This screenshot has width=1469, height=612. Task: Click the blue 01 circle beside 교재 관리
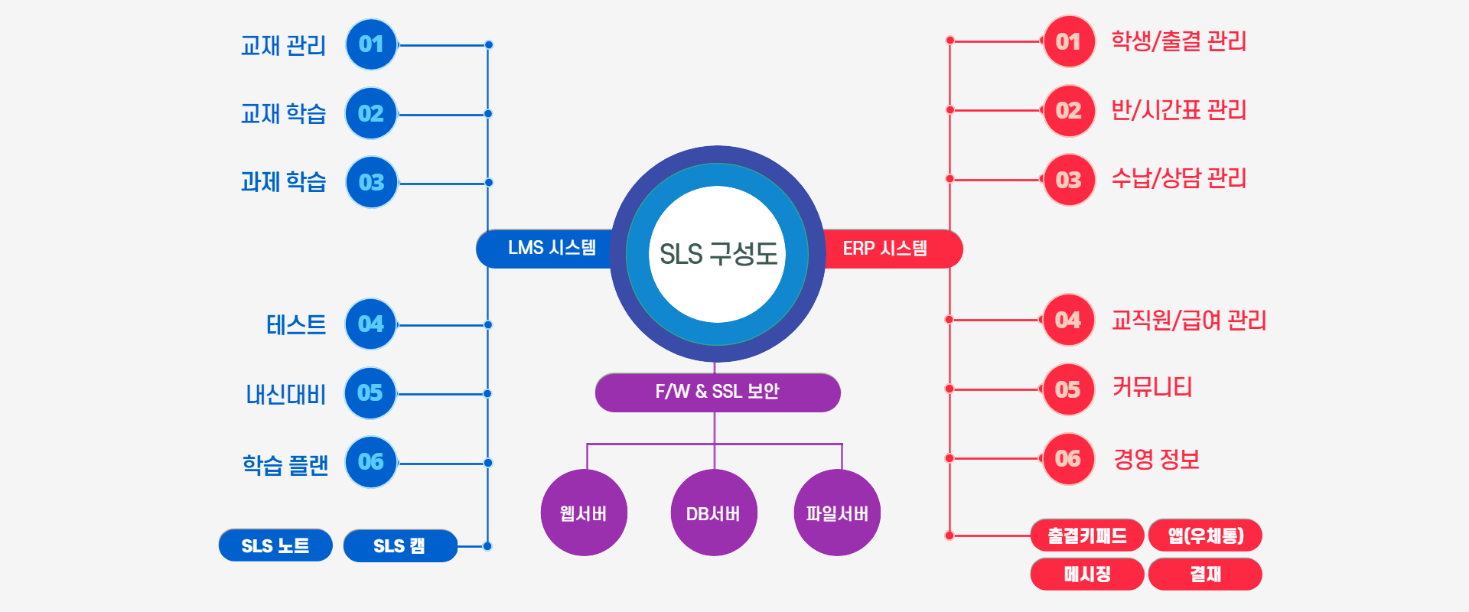tap(371, 44)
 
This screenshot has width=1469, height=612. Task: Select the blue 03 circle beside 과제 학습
tap(371, 182)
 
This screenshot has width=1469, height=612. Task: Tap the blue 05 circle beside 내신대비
tap(370, 393)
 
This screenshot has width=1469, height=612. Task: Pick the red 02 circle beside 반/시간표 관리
tap(1069, 111)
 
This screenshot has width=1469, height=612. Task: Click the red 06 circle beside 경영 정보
tap(1068, 459)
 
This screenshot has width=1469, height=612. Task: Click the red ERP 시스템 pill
tap(888, 249)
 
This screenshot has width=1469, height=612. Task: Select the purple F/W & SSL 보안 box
tap(717, 392)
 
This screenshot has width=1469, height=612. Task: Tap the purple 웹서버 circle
tap(584, 513)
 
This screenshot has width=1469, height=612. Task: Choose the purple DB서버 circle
tap(714, 513)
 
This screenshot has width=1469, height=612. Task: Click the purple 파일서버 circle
tap(837, 513)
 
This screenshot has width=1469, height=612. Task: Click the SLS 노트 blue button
tap(275, 545)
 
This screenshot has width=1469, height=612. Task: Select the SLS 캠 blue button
tap(399, 545)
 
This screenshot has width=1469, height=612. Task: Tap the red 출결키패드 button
tap(1087, 535)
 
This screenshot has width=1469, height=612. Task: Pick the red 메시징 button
tap(1087, 575)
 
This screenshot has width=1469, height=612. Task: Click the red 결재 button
tap(1205, 575)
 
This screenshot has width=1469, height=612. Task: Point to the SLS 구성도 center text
tap(718, 254)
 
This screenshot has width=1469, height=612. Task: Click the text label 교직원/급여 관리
tap(1189, 320)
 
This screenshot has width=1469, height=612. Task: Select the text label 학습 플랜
tap(285, 464)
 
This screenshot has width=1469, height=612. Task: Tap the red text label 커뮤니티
tap(1152, 388)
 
